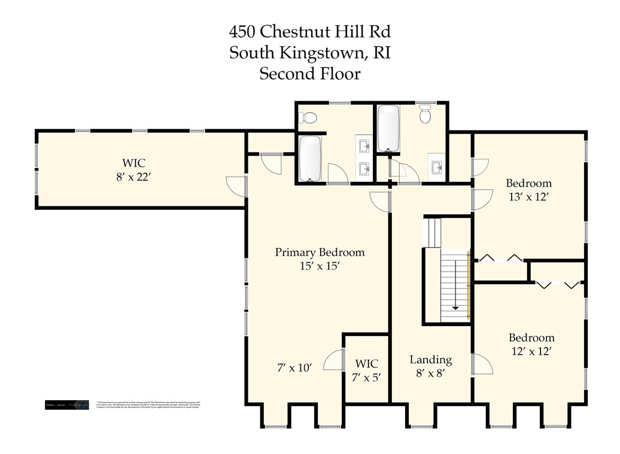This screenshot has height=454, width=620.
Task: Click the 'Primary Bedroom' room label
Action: point(320,252)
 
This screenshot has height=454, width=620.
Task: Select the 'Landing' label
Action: point(430,359)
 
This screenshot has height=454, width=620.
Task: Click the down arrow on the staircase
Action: point(456,306)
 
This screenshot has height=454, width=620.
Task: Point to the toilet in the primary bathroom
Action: point(309,117)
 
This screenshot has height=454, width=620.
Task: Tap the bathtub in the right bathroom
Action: point(388,128)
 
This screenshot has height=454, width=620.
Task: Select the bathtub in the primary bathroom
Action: point(310,159)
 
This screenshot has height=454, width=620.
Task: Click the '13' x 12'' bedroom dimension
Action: point(528,197)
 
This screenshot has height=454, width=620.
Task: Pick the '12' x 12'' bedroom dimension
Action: point(531,352)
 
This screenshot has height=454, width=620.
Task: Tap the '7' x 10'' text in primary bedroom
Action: point(294,368)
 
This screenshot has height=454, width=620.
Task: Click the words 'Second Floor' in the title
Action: point(309,74)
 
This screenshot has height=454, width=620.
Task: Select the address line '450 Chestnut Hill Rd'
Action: point(309,31)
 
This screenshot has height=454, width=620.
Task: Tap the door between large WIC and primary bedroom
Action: point(237,186)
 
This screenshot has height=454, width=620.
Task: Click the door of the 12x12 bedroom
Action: point(482,364)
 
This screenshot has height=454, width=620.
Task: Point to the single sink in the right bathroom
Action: point(436,165)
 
